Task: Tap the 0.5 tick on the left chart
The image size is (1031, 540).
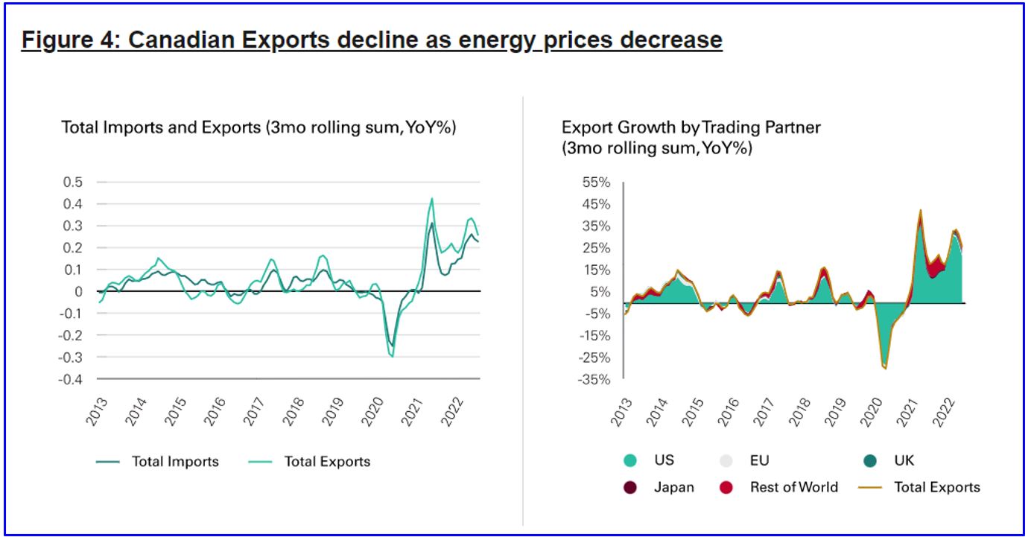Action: pos(72,182)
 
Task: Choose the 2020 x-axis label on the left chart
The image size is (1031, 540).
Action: pos(370,411)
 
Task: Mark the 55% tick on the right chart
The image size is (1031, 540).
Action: pos(595,182)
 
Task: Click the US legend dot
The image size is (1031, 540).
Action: pos(629,461)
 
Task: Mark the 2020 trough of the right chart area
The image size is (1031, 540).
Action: pos(885,368)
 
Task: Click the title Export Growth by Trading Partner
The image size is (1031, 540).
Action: pos(691,127)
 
